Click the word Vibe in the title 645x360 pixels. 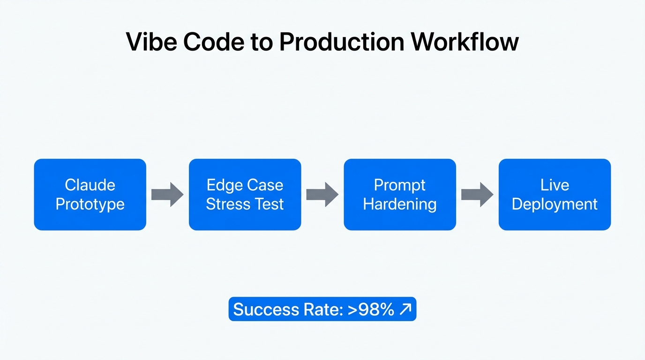pyautogui.click(x=151, y=42)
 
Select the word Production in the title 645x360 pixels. pyautogui.click(x=342, y=42)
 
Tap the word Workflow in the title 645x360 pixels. pyautogui.click(x=465, y=42)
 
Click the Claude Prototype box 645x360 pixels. pyautogui.click(x=90, y=195)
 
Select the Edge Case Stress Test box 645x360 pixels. pyautogui.click(x=245, y=195)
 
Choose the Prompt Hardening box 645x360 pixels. pyautogui.click(x=400, y=195)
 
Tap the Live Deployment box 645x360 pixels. pyautogui.click(x=555, y=195)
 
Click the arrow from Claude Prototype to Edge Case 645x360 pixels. pyautogui.click(x=167, y=195)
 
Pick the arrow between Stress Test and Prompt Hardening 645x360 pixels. pyautogui.click(x=322, y=195)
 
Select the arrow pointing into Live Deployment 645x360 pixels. pyautogui.click(x=477, y=195)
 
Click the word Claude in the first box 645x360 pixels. pyautogui.click(x=90, y=185)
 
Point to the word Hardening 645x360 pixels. pyautogui.click(x=400, y=204)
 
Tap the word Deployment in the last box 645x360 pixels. pyautogui.click(x=555, y=204)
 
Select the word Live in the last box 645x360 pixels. pyautogui.click(x=555, y=185)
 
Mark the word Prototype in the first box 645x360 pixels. pyautogui.click(x=90, y=204)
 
